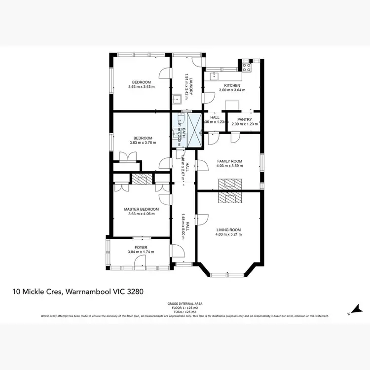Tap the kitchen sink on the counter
click(215, 76)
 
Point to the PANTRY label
click(244, 119)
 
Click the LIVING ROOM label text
click(228, 229)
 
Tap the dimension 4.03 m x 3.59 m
click(229, 166)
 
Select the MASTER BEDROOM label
click(142, 209)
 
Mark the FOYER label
click(141, 247)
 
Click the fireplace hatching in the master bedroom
click(142, 179)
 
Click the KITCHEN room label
click(232, 85)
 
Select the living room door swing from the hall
click(202, 220)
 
